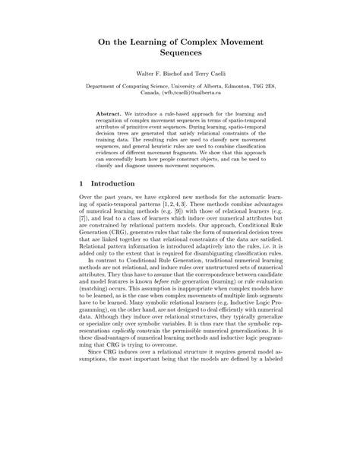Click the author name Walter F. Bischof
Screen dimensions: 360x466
point(158,85)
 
